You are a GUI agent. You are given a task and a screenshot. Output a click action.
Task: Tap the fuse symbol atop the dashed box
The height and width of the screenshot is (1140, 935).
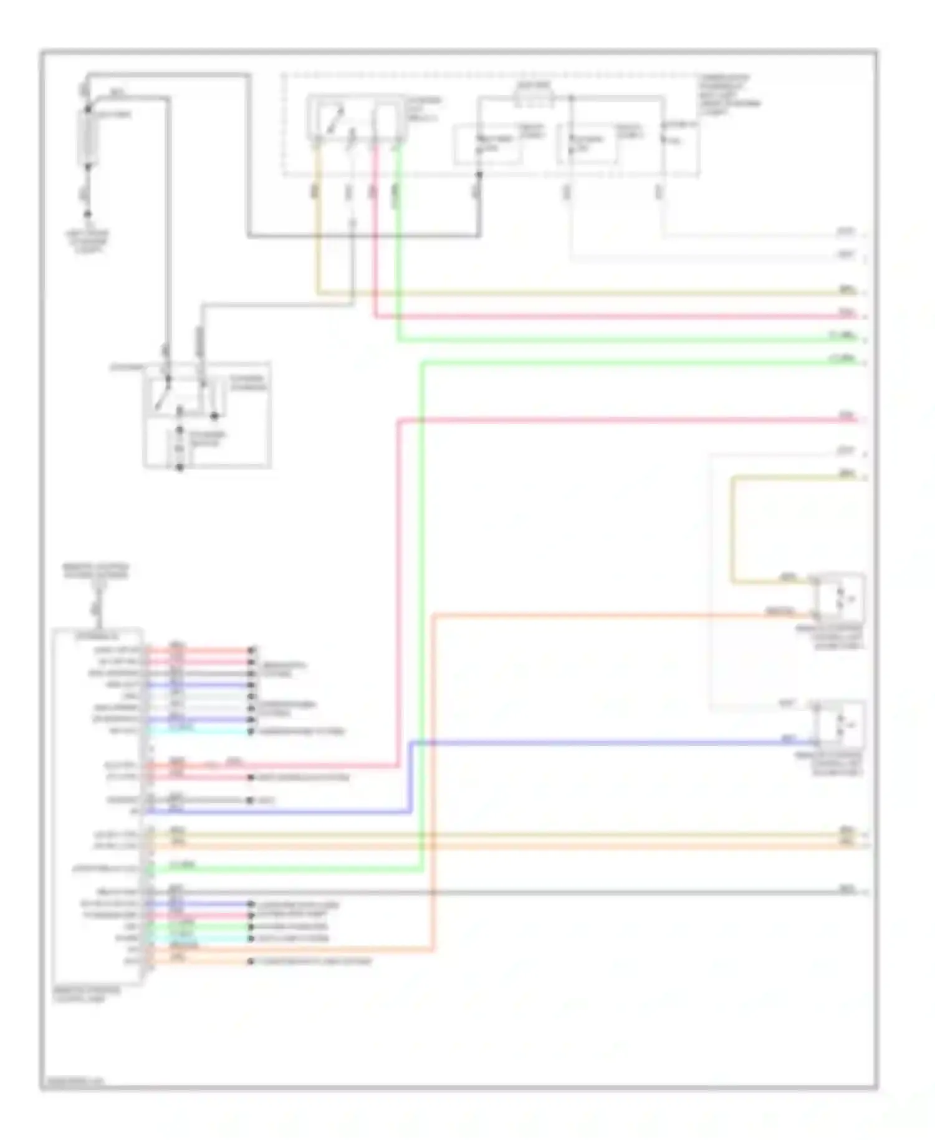coord(533,97)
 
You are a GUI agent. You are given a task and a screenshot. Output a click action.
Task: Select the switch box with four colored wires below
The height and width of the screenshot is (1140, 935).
coord(357,117)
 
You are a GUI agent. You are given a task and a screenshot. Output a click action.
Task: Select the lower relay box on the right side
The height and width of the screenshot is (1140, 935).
coord(840,725)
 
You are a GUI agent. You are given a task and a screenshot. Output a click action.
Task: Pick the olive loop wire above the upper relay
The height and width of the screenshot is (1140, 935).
coord(733,530)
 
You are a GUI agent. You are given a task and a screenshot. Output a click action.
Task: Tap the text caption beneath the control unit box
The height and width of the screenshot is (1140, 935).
coord(87,994)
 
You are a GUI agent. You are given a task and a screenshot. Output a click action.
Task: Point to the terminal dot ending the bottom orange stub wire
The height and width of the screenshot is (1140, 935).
coord(251,961)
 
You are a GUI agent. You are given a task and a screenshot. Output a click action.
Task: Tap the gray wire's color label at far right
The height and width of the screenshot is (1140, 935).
coord(846,889)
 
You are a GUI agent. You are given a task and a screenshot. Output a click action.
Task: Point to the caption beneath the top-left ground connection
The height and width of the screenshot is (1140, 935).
coord(88,242)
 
